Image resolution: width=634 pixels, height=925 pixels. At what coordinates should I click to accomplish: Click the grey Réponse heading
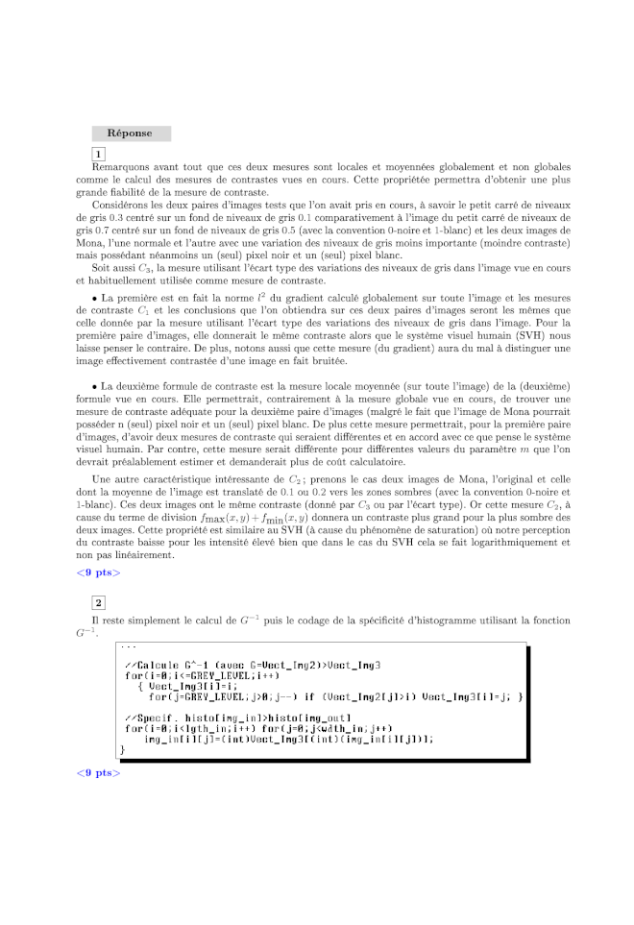(x=131, y=134)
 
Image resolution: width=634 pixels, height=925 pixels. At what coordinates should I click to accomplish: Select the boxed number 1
(x=98, y=154)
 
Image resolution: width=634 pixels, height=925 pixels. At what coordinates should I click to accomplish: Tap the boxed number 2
(x=98, y=602)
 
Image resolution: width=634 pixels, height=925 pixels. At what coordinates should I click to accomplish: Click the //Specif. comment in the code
(x=153, y=717)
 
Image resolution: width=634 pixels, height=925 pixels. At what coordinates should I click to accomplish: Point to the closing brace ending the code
(x=122, y=748)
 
